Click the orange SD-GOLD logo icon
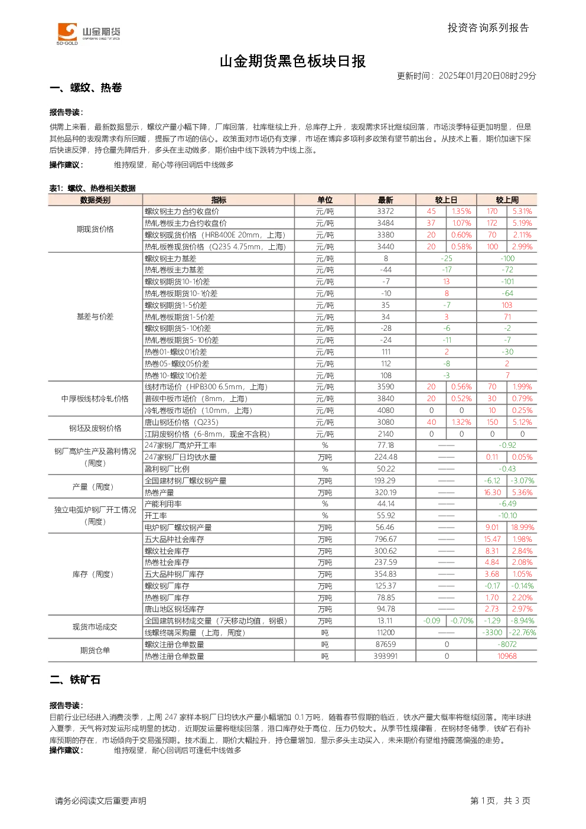pos(67,32)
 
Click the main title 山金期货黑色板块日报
pos(292,61)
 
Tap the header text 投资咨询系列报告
pos(489,28)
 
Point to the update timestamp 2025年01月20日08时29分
pos(487,76)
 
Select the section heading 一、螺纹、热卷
pos(86,87)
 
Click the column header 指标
pos(219,200)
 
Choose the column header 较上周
pos(507,200)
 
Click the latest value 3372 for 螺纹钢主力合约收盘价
pos(386,212)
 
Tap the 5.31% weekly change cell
pos(522,212)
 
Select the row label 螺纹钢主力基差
pos(171,258)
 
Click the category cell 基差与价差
pos(95,317)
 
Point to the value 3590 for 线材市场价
pos(386,387)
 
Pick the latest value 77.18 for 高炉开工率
pos(386,445)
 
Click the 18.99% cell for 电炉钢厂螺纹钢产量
pos(522,528)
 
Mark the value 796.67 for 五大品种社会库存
pos(386,539)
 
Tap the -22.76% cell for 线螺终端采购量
pos(522,632)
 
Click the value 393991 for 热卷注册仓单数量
pos(386,656)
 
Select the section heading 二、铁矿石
pos(75,680)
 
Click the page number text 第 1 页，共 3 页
pos(500,801)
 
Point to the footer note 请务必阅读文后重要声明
pos(100,801)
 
